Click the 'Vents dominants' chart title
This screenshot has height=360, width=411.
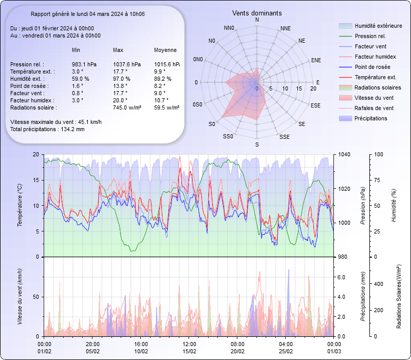pos(257,13)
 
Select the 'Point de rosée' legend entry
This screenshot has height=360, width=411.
pos(372,67)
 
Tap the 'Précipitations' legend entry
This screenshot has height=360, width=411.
pos(371,118)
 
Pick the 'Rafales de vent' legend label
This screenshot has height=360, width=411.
pos(374,108)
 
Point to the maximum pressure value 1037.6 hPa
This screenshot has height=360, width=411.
pos(126,64)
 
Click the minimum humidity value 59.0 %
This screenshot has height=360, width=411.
pos(81,79)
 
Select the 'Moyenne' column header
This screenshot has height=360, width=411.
pos(165,50)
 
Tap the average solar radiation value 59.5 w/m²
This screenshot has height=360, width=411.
pos(166,107)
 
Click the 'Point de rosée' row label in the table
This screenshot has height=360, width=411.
pos(28,86)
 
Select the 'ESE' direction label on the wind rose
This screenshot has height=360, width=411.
pos(316,105)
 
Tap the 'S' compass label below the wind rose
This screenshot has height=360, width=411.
pos(257,145)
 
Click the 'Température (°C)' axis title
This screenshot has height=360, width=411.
pos(20,206)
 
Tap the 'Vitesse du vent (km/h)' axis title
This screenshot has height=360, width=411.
pos(20,297)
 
